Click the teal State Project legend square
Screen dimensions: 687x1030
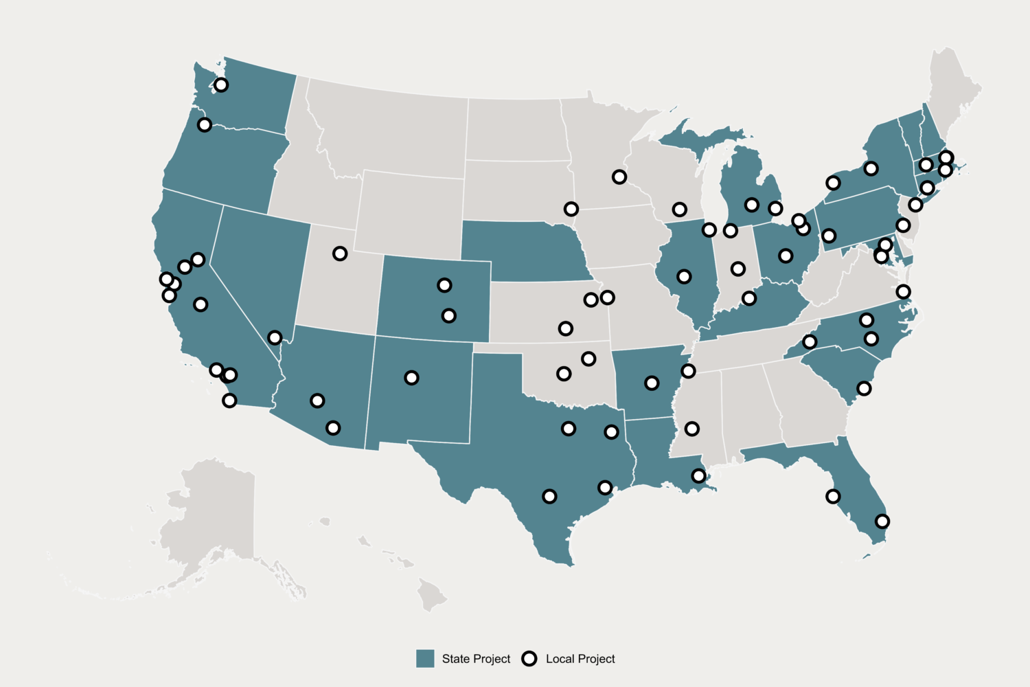coord(425,659)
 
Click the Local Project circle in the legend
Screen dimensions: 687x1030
coord(529,659)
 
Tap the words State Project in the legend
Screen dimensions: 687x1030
coord(476,659)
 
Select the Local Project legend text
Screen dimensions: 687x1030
coord(580,659)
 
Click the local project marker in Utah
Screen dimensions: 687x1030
coord(340,254)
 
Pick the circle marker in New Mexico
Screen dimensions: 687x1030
coord(411,378)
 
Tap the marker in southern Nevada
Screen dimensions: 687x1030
coord(275,338)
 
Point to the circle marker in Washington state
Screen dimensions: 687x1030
coord(221,85)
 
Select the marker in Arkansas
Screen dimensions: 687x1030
coord(652,383)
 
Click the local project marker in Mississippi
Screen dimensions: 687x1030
coord(692,429)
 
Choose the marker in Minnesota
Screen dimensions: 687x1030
coord(619,177)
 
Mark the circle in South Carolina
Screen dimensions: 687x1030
coord(865,389)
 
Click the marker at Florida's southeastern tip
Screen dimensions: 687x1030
coord(882,521)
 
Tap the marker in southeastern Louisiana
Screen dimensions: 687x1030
coord(698,476)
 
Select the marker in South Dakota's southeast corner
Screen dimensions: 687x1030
coord(571,209)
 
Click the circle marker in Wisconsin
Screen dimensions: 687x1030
coord(680,210)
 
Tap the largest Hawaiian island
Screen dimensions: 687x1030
coord(432,595)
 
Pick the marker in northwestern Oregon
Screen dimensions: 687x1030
coord(204,125)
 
